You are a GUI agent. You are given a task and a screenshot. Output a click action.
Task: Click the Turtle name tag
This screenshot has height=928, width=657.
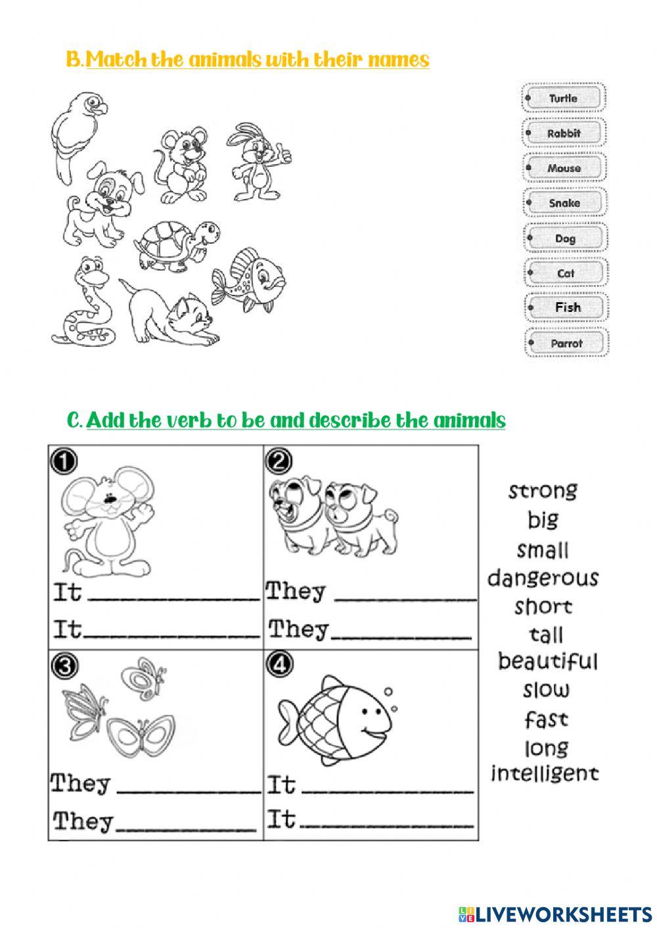564,99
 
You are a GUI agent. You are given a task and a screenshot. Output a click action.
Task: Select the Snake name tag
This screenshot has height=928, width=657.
564,204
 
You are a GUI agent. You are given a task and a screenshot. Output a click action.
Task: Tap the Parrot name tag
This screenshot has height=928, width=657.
566,343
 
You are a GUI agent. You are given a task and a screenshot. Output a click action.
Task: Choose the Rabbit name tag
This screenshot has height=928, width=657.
564,133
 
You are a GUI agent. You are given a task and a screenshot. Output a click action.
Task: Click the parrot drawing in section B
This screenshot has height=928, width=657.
76,135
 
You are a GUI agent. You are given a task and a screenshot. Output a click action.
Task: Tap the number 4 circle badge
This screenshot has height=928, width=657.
278,665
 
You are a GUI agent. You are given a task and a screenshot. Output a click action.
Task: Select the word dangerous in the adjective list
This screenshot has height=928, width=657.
543,579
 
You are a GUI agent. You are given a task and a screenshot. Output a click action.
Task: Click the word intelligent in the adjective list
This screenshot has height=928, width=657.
545,773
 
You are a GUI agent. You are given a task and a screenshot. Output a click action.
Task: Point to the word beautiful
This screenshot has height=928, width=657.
547,661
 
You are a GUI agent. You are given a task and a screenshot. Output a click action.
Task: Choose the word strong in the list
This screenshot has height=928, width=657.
543,491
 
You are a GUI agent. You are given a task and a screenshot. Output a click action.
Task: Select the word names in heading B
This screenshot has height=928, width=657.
398,60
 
